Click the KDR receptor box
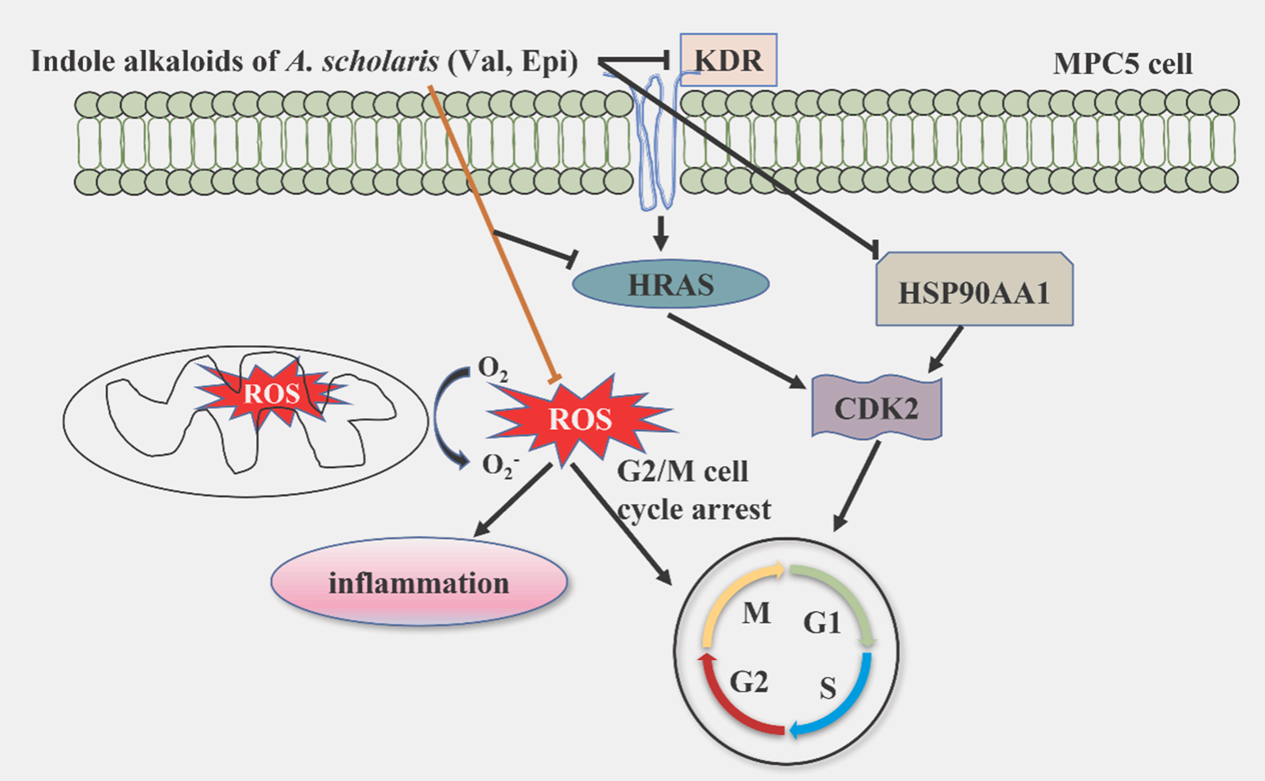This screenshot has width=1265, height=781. pos(728,60)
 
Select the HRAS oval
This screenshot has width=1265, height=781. pos(670,285)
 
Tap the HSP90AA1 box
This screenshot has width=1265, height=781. pos(974,291)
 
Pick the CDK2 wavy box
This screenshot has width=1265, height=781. pos(877,408)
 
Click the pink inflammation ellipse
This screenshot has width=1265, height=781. pos(419,582)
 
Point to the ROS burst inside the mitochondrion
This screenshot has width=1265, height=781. pos(271,393)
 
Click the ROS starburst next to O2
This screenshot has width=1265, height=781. pos(580,419)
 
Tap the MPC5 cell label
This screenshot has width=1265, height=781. pos(1123,64)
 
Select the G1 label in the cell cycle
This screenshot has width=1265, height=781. pos(822,624)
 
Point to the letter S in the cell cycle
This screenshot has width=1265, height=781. pos(828,688)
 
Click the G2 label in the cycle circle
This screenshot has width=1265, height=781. pos(749,681)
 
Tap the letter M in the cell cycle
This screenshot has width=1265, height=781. pos(756,612)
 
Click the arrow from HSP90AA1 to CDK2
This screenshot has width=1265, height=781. pos(946,349)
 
